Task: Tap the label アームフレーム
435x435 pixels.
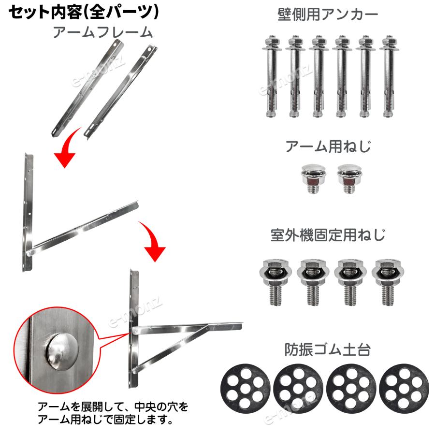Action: (102, 32)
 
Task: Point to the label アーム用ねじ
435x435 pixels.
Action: (328, 146)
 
